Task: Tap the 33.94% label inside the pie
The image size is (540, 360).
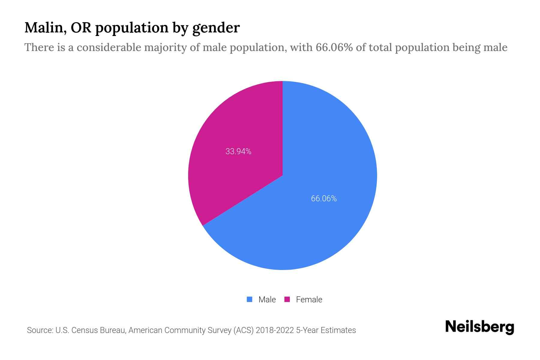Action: [238, 151]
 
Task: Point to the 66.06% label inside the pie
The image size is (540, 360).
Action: [324, 199]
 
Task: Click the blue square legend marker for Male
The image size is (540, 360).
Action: [249, 299]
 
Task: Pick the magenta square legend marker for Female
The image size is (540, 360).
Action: [287, 299]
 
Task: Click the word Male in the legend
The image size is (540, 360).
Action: [267, 299]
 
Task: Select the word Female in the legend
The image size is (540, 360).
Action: [309, 299]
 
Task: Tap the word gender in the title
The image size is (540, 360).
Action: [216, 28]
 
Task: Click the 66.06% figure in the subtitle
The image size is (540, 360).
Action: [334, 47]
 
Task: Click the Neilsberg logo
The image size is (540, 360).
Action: [479, 327]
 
